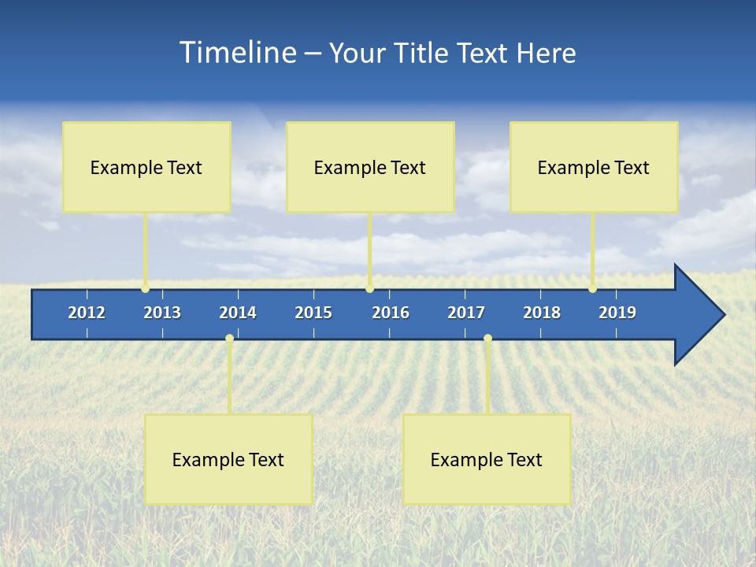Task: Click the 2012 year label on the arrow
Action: tap(87, 313)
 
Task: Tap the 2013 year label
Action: tap(162, 313)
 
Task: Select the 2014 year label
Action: tap(238, 313)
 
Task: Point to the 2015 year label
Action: tap(313, 313)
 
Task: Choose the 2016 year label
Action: tap(391, 313)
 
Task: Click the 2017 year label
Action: tap(466, 313)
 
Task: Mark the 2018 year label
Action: tap(542, 313)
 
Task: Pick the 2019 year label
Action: tap(617, 313)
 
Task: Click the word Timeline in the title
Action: tap(237, 53)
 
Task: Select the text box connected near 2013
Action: tap(146, 167)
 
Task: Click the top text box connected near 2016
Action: tap(370, 167)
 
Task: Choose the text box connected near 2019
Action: tap(594, 167)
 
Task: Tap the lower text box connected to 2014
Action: tap(228, 459)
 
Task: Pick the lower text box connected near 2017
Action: tap(487, 459)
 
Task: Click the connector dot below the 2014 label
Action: tap(229, 339)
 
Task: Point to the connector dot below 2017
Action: tap(487, 339)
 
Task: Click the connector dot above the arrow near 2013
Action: tap(146, 289)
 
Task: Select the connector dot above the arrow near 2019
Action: tap(592, 289)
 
